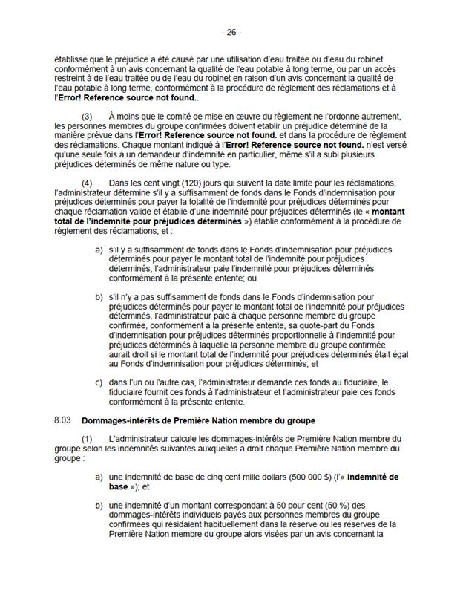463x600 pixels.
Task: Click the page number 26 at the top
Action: [x=231, y=33]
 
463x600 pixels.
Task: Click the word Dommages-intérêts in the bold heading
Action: [x=114, y=420]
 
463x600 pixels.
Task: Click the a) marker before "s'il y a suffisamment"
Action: [x=99, y=250]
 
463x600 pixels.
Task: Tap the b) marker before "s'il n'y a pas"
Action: [x=99, y=297]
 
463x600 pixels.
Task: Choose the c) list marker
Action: [x=99, y=383]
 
